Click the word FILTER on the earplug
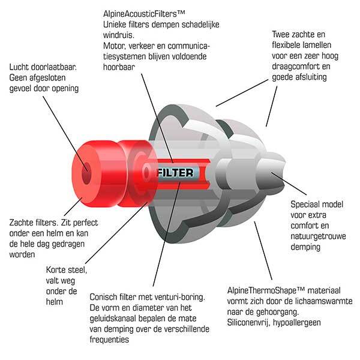pyautogui.click(x=175, y=173)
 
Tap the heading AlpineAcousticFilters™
pyautogui.click(x=144, y=14)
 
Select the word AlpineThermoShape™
pyautogui.click(x=266, y=290)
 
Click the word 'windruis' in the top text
pyautogui.click(x=119, y=35)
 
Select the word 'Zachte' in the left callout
pyautogui.click(x=22, y=223)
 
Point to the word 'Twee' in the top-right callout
pyautogui.click(x=281, y=34)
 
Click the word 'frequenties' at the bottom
pyautogui.click(x=109, y=340)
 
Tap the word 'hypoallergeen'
pyautogui.click(x=296, y=323)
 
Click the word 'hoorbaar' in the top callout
pyautogui.click(x=119, y=67)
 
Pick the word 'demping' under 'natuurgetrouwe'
pyautogui.click(x=305, y=247)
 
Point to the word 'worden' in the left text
pyautogui.click(x=22, y=254)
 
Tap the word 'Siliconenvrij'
pyautogui.click(x=248, y=323)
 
